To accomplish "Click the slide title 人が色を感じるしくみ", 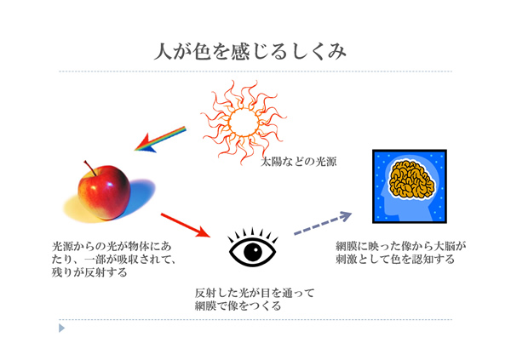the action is point(250,51).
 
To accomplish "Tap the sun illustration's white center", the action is point(244,123).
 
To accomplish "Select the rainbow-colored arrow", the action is point(160,140).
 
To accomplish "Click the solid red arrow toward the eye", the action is point(186,226).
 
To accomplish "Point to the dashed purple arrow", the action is point(323,223).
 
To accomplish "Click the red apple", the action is point(104,192).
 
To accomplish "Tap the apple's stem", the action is point(90,168).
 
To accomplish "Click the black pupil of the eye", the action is point(253,252).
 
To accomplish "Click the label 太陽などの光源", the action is point(299,162).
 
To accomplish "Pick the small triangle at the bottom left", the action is point(61,328).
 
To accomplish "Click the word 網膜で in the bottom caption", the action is point(211,306).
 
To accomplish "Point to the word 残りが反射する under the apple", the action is point(89,272).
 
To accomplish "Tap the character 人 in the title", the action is point(163,51).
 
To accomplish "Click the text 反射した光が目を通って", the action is point(255,293).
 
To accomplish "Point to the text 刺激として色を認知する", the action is point(395,260).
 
